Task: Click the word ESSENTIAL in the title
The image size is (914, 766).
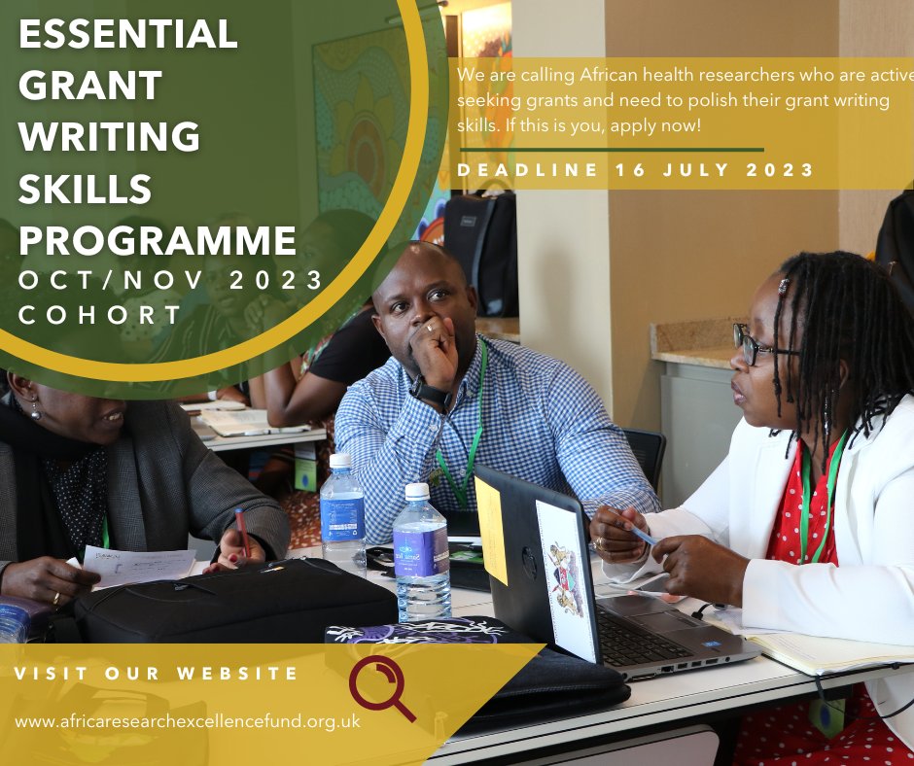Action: pyautogui.click(x=127, y=34)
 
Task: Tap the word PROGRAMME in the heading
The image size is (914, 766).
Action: pyautogui.click(x=158, y=240)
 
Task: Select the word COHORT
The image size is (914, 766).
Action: pyautogui.click(x=101, y=315)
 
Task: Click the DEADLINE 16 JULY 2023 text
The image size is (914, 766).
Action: pyautogui.click(x=636, y=170)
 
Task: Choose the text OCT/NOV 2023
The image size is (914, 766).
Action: pyautogui.click(x=170, y=280)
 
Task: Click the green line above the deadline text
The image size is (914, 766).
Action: pyautogui.click(x=611, y=150)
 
